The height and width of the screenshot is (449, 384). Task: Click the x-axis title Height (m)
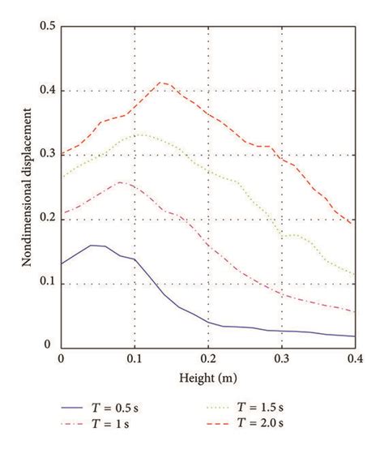coord(207,378)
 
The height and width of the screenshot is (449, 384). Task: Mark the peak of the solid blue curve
coord(91,245)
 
